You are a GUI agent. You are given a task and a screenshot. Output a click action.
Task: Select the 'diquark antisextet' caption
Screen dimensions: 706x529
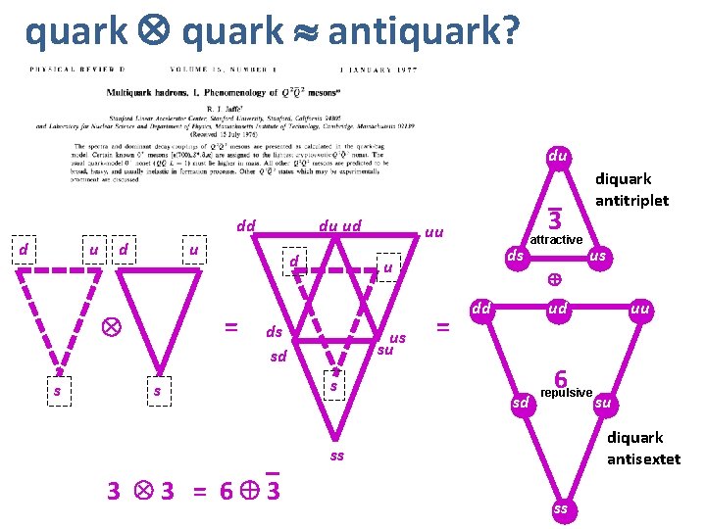[x=643, y=448]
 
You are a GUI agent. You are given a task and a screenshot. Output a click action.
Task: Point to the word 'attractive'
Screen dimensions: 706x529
[x=556, y=239]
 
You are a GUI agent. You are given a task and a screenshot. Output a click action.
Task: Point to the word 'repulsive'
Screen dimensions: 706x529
[x=567, y=392]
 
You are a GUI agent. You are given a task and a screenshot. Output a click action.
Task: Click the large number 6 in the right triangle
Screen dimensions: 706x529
[x=561, y=377]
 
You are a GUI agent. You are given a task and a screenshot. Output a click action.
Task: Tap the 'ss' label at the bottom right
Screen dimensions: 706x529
[x=560, y=509]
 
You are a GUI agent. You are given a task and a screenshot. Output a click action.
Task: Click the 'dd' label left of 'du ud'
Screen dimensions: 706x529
[x=245, y=226]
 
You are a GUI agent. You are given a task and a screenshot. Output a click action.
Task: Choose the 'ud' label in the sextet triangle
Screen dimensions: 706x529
[x=558, y=309]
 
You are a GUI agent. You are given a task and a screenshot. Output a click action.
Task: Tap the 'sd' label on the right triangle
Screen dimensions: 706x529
[x=521, y=402]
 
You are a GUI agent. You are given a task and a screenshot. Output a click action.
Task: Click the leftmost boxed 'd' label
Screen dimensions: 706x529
[x=22, y=251]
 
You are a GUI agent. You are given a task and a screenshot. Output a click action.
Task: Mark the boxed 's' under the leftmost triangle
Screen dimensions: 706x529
[x=58, y=391]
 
